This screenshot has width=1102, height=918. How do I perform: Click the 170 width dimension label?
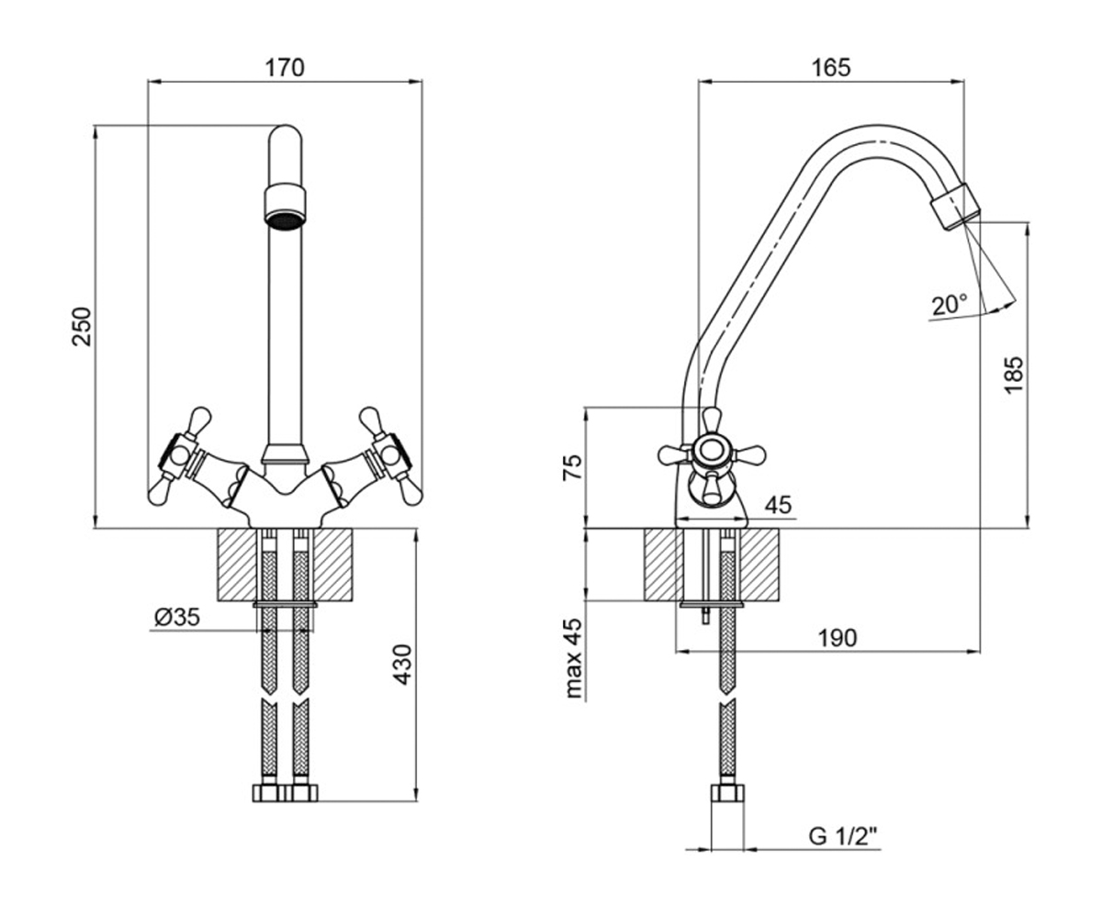pyautogui.click(x=285, y=68)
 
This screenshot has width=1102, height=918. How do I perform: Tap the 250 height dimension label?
pyautogui.click(x=82, y=326)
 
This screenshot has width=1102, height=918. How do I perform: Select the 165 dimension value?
pyautogui.click(x=831, y=68)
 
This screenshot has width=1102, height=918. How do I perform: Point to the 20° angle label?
pyautogui.click(x=950, y=305)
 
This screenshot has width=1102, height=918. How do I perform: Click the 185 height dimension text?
pyautogui.click(x=1013, y=375)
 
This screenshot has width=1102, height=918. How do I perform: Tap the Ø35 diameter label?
pyautogui.click(x=177, y=617)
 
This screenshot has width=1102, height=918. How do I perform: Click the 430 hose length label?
pyautogui.click(x=403, y=665)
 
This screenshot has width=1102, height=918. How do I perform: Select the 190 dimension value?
pyautogui.click(x=838, y=638)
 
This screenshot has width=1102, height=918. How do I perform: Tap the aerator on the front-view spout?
pyautogui.click(x=285, y=207)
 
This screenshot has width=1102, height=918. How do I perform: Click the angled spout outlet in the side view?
pyautogui.click(x=955, y=207)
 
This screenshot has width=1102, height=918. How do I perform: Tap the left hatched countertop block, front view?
pyautogui.click(x=237, y=565)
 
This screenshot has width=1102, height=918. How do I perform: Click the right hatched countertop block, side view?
pyautogui.click(x=759, y=565)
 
